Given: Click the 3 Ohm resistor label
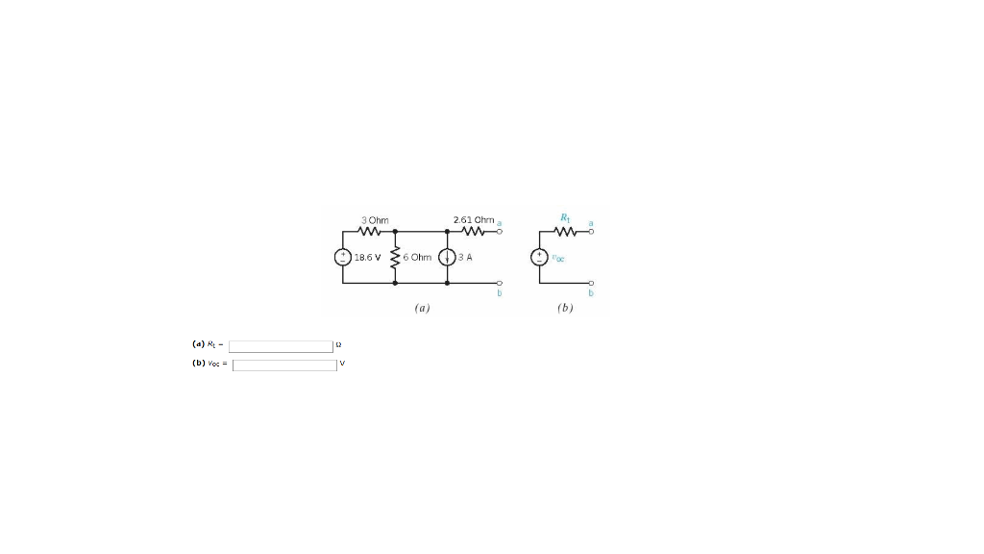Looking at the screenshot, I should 374,220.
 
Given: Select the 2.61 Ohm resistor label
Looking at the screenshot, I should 473,220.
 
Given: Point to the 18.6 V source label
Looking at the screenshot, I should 368,258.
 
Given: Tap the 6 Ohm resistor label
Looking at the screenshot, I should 418,258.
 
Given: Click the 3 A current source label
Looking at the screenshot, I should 465,258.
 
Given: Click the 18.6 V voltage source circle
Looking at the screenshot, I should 342,258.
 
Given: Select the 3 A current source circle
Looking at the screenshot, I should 446,258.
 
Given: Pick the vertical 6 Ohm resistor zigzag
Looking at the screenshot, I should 395,258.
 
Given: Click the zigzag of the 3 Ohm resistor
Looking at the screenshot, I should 372,232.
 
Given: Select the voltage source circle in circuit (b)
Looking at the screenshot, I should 539,258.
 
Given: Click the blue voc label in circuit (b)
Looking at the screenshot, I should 558,258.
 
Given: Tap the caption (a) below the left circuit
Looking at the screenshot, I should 421,309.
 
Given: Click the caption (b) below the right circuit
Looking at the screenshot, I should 564,309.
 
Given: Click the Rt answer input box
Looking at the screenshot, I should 281,346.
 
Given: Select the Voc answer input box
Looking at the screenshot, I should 284,365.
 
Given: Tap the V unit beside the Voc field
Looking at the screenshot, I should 342,365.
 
